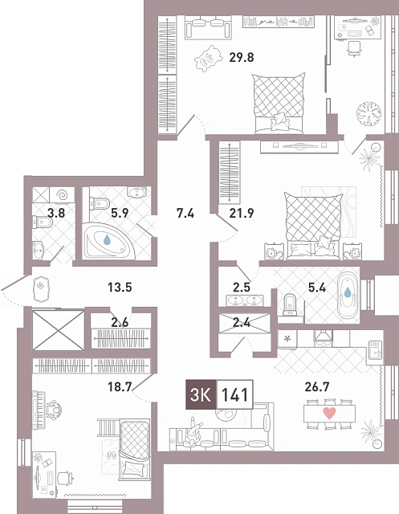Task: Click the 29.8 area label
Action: coord(242,58)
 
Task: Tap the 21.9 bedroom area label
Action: coord(242,214)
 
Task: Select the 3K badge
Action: coord(201,394)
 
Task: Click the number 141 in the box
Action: coord(234,394)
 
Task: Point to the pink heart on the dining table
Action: coord(329,414)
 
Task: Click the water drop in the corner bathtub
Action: coord(107,240)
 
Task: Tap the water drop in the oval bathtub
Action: coord(348,292)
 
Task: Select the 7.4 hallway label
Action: coord(185,214)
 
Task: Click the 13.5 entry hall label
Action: coord(120,288)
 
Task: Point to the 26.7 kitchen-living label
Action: coord(317,387)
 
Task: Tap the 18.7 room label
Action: coord(120,387)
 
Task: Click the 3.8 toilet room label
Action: coord(56,214)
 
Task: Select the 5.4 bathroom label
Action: coord(317,288)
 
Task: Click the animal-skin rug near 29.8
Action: coord(207,59)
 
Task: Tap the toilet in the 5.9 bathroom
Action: coord(100,203)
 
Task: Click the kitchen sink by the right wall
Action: coord(375,351)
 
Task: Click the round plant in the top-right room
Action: coord(369,113)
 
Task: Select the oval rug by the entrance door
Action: coord(41,288)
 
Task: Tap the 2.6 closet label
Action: coord(120,323)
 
